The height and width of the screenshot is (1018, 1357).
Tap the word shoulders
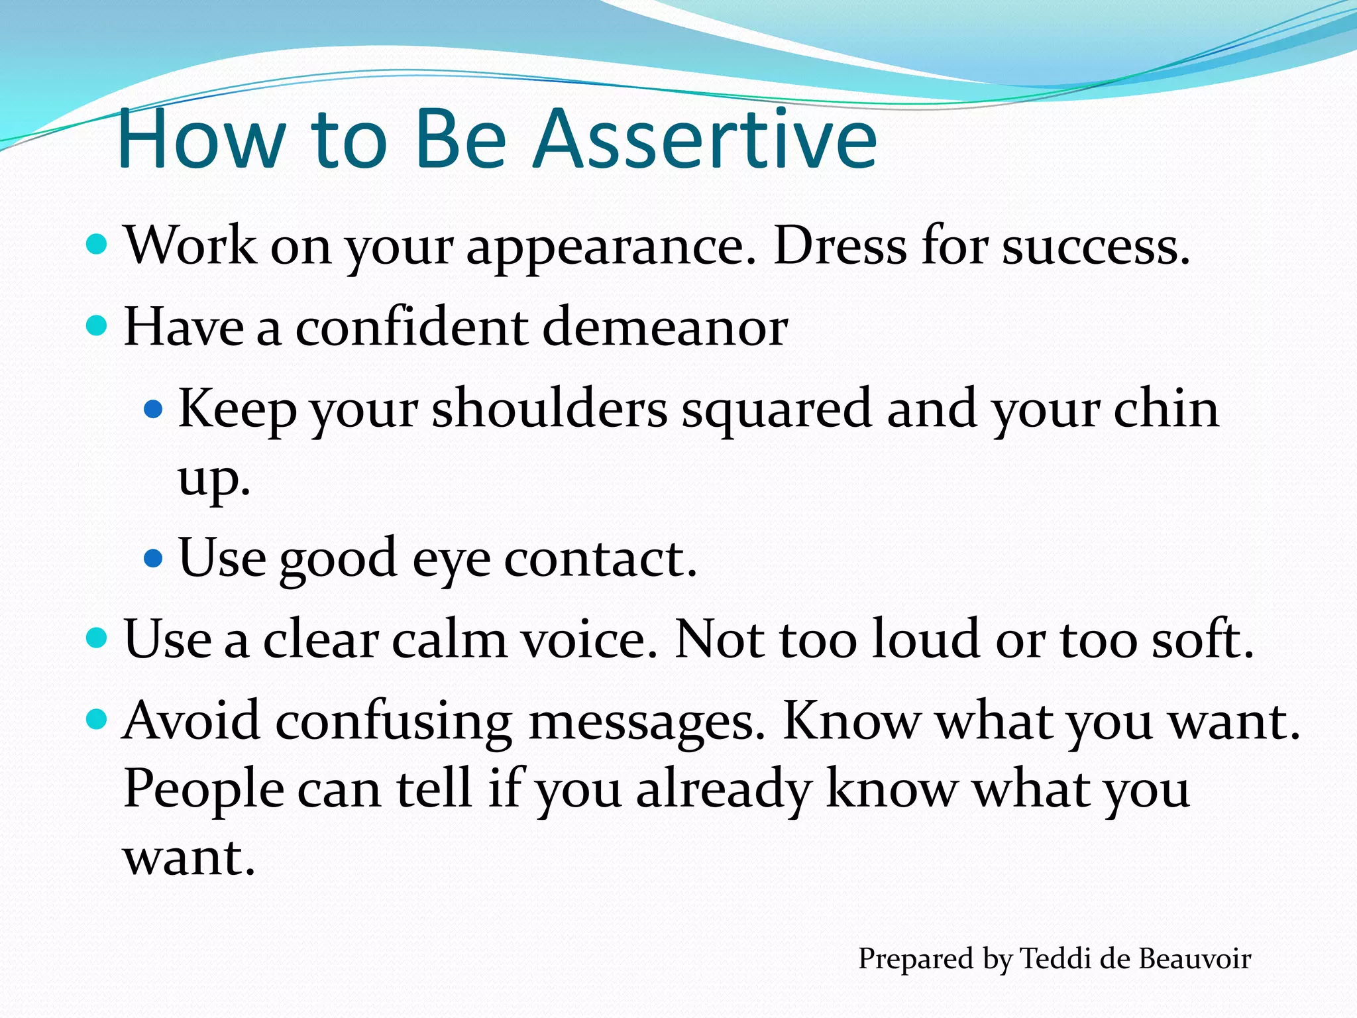549,409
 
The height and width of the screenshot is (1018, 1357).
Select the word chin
1166,409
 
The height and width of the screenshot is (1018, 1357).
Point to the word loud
925,640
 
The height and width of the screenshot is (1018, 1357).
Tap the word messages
647,722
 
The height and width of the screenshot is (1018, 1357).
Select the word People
203,791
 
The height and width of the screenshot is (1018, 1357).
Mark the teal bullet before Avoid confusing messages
97,718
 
